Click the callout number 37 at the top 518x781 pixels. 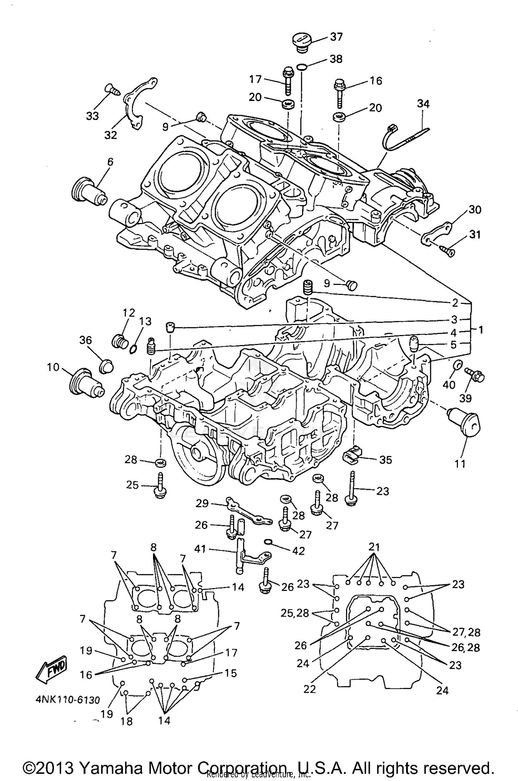(x=336, y=37)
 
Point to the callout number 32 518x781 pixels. (x=111, y=135)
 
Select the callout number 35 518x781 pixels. (x=385, y=459)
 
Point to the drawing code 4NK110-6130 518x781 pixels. (x=68, y=700)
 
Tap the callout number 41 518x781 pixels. (x=200, y=549)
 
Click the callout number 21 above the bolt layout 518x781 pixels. (x=374, y=547)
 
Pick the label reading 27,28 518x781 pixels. (x=466, y=632)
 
